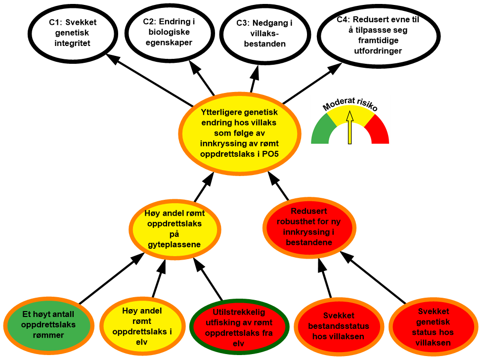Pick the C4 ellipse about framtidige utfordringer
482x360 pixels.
coord(379,36)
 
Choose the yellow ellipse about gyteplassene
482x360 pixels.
coord(175,229)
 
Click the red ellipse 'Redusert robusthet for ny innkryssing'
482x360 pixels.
coord(308,227)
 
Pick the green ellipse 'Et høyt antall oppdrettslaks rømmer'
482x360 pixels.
coord(49,324)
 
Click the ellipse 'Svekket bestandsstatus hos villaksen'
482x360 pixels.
coord(339,326)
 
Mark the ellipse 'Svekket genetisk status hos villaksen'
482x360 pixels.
coord(434,327)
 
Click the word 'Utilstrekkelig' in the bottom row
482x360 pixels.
coord(239,313)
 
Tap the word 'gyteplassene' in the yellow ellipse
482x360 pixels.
coord(175,244)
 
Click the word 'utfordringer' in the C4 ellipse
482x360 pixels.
coord(378,51)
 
